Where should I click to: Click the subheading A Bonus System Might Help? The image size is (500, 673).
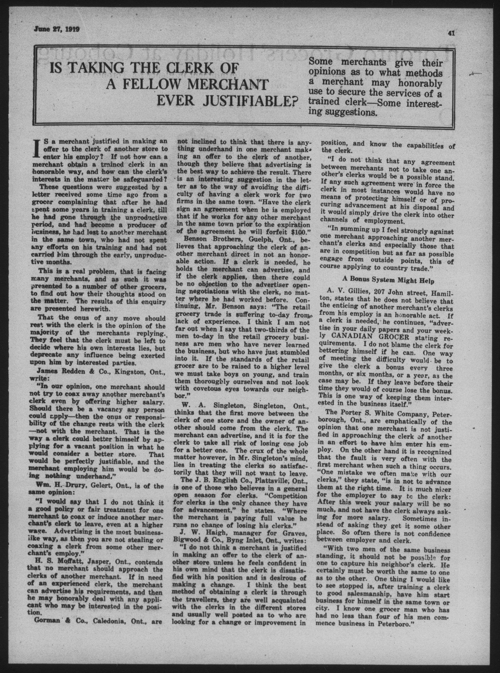coord(388,281)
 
